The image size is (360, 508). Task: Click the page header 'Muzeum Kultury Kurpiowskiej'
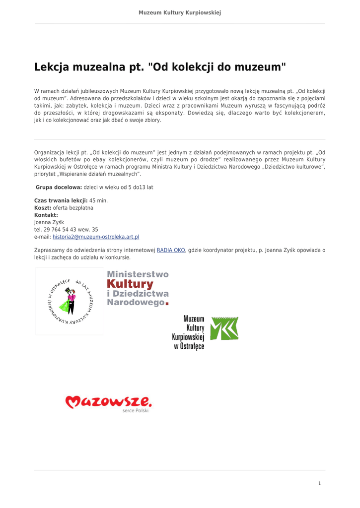[x=180, y=12]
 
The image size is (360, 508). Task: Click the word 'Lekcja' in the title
[x=53, y=67]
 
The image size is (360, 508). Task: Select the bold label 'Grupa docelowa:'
[x=59, y=188]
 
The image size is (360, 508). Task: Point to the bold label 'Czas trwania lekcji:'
[x=61, y=200]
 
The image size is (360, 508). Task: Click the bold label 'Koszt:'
[x=43, y=208]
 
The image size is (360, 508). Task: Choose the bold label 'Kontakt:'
[x=46, y=215]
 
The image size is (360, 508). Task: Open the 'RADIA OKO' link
[x=171, y=251]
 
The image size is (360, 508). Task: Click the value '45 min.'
[x=98, y=200]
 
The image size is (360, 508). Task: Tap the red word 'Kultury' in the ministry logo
[x=130, y=284]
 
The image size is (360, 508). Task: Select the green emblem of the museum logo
[x=224, y=328]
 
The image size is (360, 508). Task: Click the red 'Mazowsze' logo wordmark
[x=109, y=401]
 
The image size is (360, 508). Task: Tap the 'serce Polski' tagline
[x=135, y=411]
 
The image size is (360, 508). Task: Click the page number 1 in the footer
[x=319, y=484]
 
